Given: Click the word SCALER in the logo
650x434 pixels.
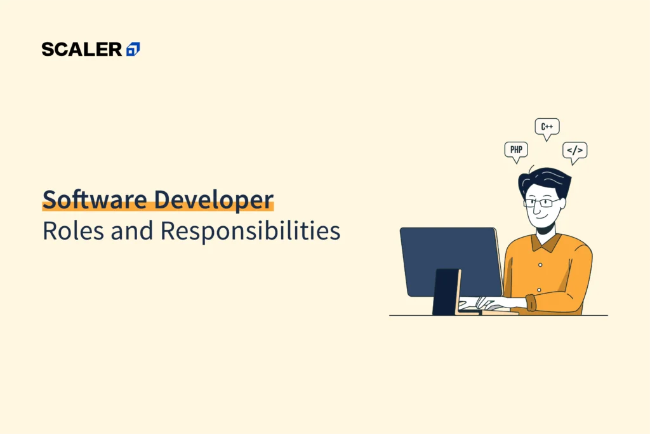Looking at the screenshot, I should (x=82, y=50).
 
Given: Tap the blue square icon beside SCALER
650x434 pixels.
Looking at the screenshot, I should (x=133, y=50).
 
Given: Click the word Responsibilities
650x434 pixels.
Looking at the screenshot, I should (x=250, y=232).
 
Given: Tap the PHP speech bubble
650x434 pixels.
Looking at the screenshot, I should (x=515, y=151).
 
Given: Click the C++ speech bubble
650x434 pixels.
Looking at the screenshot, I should (x=547, y=127).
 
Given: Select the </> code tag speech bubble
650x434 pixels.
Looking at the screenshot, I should (x=574, y=151).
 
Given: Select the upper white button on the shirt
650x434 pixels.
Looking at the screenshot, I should (x=540, y=264).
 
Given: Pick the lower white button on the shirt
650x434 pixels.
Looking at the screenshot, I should (x=539, y=290).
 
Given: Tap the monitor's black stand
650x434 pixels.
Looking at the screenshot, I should (x=447, y=292).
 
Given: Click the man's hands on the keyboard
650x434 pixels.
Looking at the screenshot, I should (x=482, y=303).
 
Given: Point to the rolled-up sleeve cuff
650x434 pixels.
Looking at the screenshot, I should (x=531, y=303).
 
